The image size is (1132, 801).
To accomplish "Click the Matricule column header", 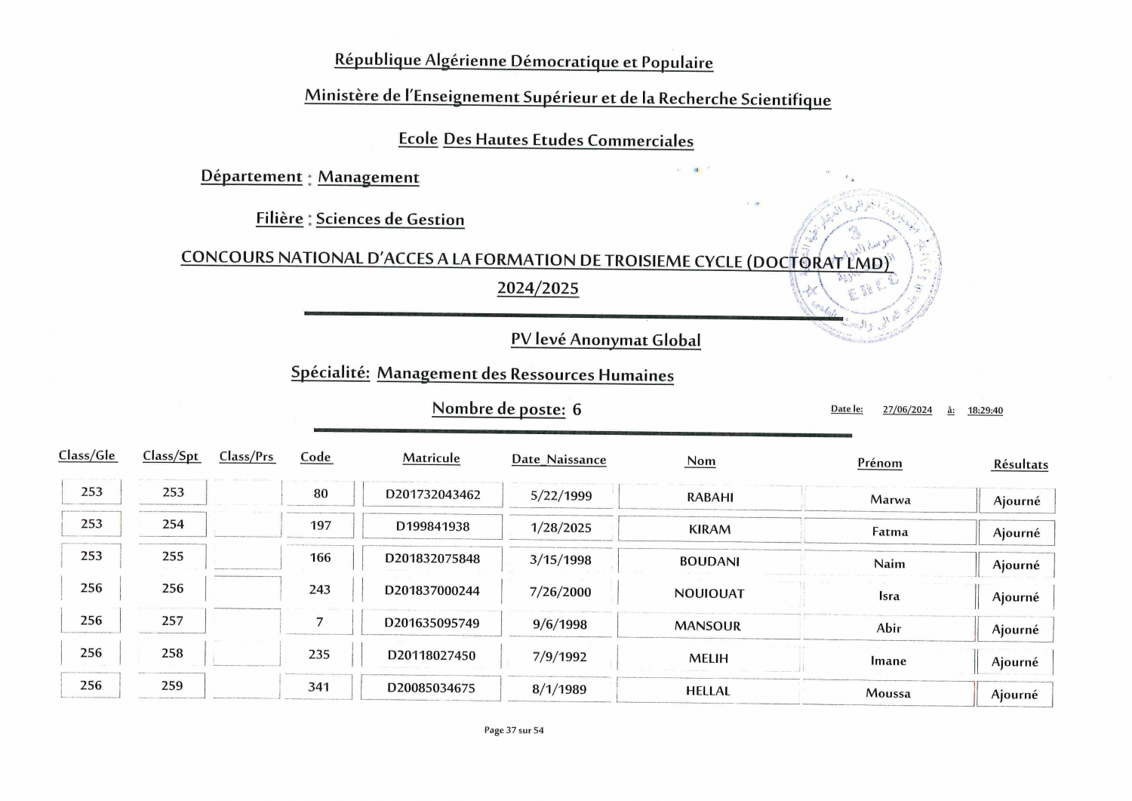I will [431, 458].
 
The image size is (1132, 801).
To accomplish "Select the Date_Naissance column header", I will [558, 459].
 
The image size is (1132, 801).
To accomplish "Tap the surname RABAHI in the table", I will [710, 497].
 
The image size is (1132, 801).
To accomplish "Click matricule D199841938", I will [432, 526].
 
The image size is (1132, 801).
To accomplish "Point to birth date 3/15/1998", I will [561, 559].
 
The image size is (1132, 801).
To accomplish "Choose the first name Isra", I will [889, 596].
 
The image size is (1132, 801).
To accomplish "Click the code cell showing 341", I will [318, 686].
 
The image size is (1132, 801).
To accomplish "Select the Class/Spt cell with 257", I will [172, 621].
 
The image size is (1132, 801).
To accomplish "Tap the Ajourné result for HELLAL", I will [1014, 695].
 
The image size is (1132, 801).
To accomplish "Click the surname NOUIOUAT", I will [709, 593].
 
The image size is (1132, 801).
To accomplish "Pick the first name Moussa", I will [888, 693].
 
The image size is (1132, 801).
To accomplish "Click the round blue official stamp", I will [865, 266].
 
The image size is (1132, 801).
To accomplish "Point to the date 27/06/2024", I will [907, 410].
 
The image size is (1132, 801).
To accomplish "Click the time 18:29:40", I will [985, 411].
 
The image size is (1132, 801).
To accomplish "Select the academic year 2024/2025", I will [537, 288].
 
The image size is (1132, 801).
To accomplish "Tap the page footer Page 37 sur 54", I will [513, 730].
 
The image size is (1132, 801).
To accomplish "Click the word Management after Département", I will [368, 177].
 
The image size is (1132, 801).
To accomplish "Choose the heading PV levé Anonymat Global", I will [605, 340].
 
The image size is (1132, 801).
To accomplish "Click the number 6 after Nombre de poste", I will [577, 409].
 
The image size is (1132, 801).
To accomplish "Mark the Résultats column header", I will [1020, 464].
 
